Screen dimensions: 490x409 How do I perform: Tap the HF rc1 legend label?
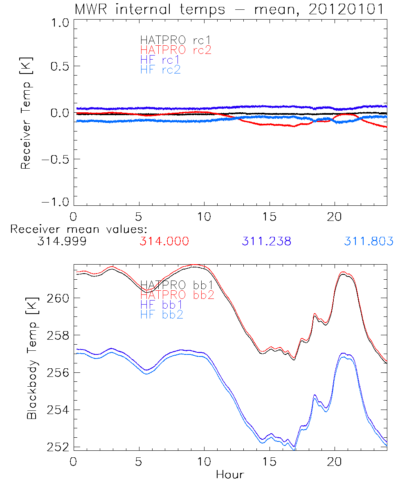(x=160, y=60)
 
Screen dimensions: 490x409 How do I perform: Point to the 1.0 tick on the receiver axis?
(x=59, y=23)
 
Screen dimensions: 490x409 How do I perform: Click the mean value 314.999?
(x=62, y=242)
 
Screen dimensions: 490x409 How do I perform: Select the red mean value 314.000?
(x=164, y=242)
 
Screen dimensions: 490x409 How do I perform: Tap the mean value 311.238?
(x=266, y=242)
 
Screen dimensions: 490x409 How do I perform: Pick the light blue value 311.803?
(x=369, y=242)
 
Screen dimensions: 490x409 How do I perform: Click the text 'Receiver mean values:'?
(x=79, y=229)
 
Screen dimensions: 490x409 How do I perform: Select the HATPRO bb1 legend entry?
(x=177, y=285)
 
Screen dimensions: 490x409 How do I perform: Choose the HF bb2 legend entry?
(x=162, y=315)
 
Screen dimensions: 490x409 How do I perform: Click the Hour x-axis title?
(x=230, y=475)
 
